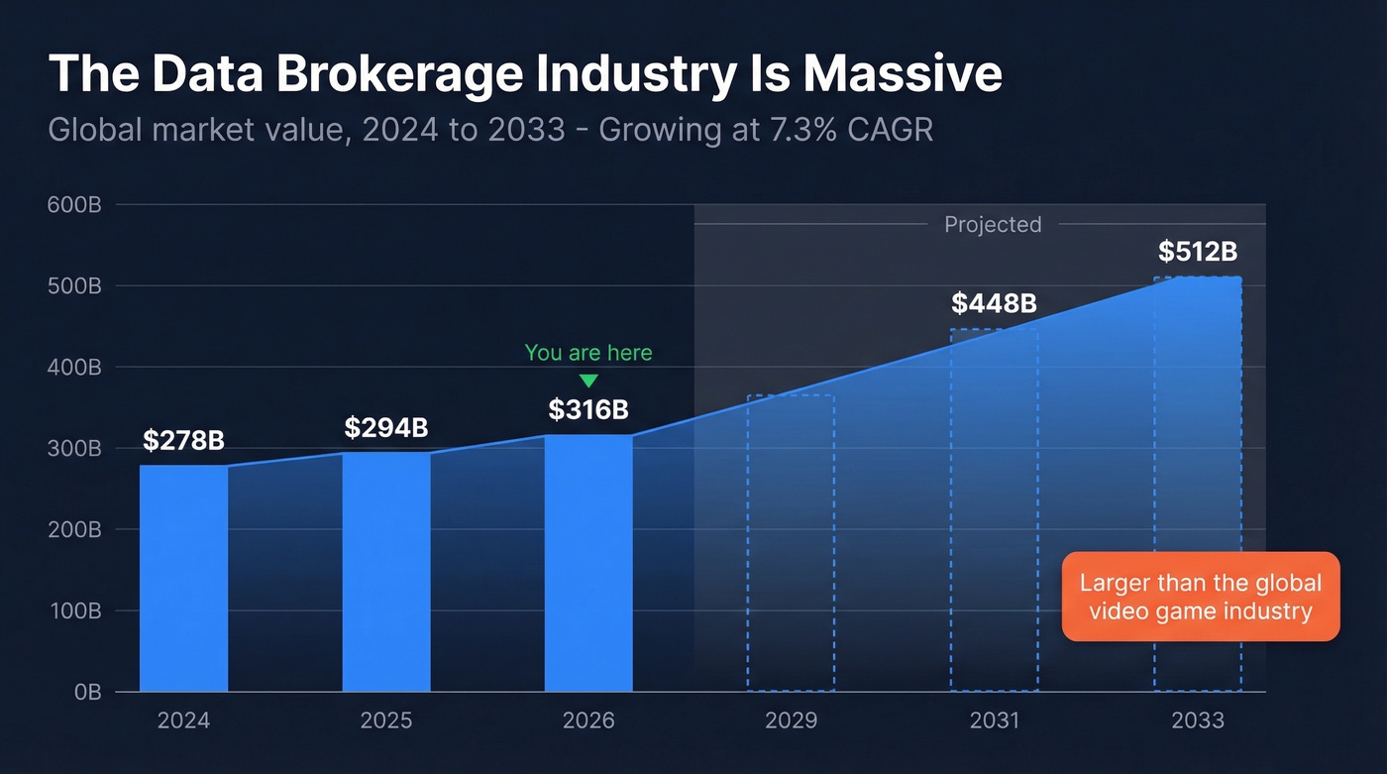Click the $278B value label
[x=183, y=440]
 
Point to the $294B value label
[x=386, y=427]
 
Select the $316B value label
[x=588, y=409]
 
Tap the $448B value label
[x=994, y=303]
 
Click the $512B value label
[x=1197, y=252]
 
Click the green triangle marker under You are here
[x=588, y=381]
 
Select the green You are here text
[x=588, y=353]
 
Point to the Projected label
[x=993, y=225]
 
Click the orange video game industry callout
[x=1200, y=597]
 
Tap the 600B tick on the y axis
[x=74, y=205]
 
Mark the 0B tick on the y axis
[x=87, y=692]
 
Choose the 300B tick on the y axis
[x=74, y=448]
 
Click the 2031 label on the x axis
[x=994, y=720]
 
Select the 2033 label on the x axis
[x=1197, y=720]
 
